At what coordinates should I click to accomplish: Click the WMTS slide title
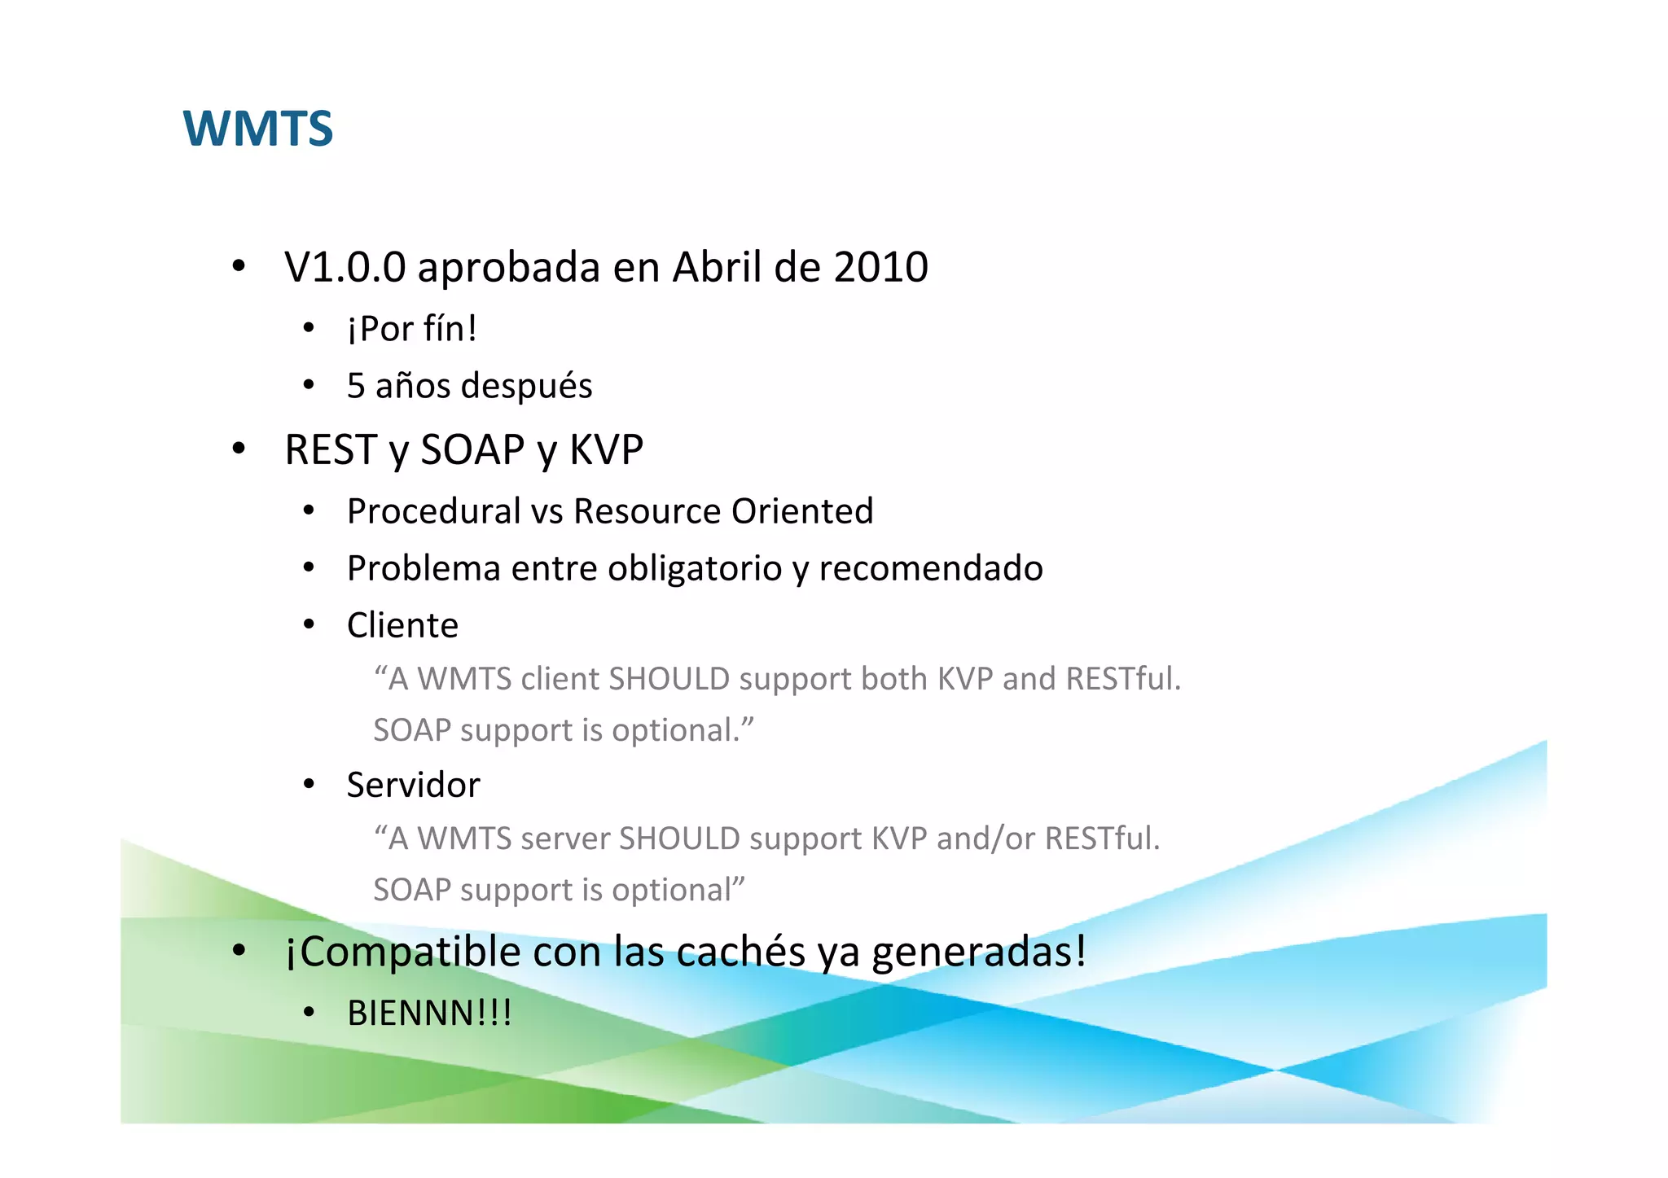258,129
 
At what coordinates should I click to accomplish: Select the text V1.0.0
345,267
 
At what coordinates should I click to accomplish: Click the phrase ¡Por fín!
411,329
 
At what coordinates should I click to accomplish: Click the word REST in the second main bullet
330,449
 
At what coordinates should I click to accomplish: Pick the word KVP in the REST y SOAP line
606,449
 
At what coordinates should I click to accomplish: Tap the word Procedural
433,511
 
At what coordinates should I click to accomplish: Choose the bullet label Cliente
402,625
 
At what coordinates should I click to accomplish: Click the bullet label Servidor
413,785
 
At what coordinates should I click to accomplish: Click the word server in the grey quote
564,839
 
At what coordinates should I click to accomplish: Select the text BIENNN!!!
429,1014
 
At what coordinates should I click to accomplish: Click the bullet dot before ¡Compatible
239,950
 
